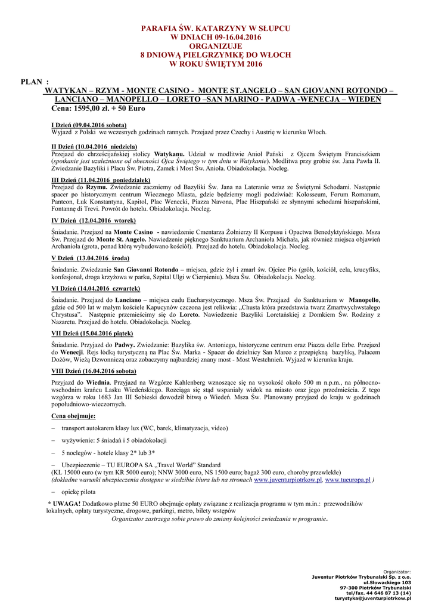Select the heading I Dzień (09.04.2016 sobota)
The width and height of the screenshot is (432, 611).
click(89, 125)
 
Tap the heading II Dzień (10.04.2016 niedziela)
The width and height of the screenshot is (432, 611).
click(94, 146)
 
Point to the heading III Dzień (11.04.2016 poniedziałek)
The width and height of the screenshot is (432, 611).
click(101, 180)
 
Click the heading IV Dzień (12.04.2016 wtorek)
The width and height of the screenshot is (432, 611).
click(94, 220)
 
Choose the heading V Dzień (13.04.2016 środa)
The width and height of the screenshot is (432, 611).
click(91, 258)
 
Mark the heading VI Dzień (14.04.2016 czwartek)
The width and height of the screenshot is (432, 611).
click(97, 288)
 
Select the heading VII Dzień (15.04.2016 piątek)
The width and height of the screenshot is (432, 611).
click(92, 334)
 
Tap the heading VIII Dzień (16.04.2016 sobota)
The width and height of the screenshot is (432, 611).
click(94, 371)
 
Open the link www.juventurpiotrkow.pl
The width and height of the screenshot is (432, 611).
click(288, 480)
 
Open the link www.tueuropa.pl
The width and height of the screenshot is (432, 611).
click(348, 480)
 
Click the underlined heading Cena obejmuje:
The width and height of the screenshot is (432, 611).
click(73, 416)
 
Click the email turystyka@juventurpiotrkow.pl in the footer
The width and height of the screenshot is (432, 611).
click(373, 598)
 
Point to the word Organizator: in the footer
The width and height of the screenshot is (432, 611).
click(397, 572)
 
